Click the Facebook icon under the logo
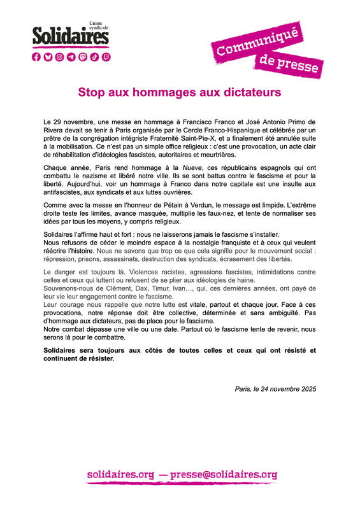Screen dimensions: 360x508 (36, 57)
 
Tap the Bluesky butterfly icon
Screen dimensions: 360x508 (48, 57)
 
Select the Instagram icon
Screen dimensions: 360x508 (59, 57)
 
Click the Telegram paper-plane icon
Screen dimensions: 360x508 (71, 57)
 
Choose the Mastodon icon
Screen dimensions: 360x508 (83, 57)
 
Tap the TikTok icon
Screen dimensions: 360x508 (94, 57)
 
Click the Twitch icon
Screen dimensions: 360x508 (106, 57)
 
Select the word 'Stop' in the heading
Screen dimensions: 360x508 (91, 92)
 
